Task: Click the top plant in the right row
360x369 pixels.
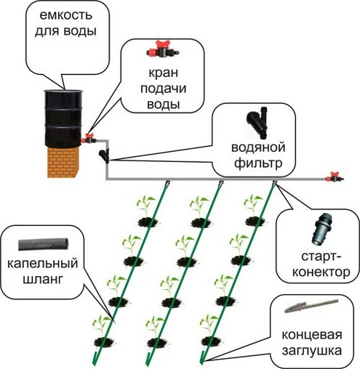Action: (252, 204)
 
